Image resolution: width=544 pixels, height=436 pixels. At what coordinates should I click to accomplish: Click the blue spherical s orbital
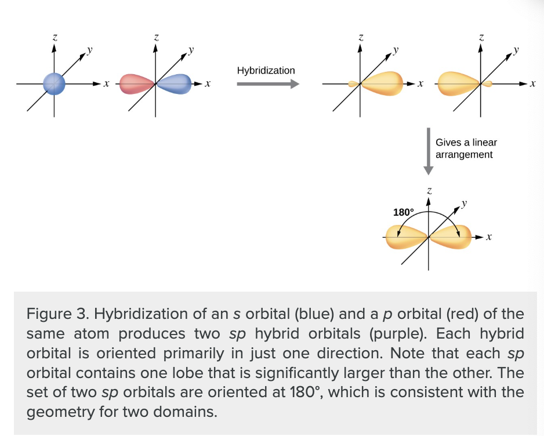pyautogui.click(x=54, y=83)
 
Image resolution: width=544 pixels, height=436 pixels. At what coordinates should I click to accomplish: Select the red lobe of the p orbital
pyautogui.click(x=137, y=84)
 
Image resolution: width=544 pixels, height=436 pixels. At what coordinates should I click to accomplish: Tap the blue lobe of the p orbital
pyautogui.click(x=174, y=84)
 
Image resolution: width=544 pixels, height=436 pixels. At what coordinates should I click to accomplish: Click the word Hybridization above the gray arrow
pyautogui.click(x=266, y=70)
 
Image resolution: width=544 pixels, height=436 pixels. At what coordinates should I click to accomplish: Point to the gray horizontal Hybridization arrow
pyautogui.click(x=268, y=84)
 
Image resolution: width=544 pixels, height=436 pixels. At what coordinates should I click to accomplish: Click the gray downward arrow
pyautogui.click(x=429, y=151)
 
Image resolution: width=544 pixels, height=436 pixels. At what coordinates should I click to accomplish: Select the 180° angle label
pyautogui.click(x=404, y=212)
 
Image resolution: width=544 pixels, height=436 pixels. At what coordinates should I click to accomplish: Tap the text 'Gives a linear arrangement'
pyautogui.click(x=466, y=148)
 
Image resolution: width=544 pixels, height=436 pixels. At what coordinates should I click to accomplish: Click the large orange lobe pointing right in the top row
pyautogui.click(x=382, y=83)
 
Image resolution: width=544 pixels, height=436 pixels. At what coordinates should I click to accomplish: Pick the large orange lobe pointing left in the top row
pyautogui.click(x=459, y=83)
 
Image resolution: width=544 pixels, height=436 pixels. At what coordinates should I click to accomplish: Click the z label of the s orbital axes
pyautogui.click(x=55, y=37)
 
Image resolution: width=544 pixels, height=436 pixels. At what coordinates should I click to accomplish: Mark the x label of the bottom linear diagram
pyautogui.click(x=489, y=237)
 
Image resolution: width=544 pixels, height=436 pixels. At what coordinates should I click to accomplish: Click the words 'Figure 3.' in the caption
pyautogui.click(x=58, y=314)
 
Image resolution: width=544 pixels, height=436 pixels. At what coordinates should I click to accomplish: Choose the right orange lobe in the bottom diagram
pyautogui.click(x=450, y=237)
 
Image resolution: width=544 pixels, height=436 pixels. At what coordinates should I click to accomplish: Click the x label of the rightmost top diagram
pyautogui.click(x=533, y=83)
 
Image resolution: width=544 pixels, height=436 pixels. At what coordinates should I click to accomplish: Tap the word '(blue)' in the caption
pyautogui.click(x=314, y=314)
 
